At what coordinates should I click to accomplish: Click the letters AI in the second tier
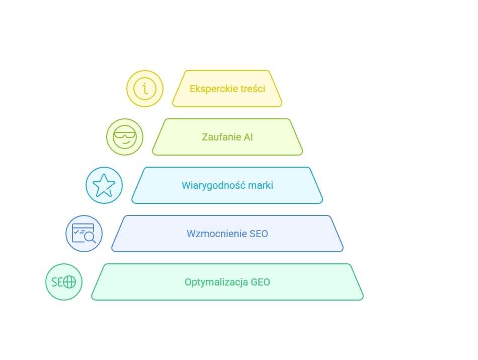pyautogui.click(x=248, y=137)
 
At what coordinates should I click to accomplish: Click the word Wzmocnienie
pyautogui.click(x=217, y=234)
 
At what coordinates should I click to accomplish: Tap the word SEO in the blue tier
pyautogui.click(x=259, y=234)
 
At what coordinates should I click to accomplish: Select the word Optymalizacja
pyautogui.click(x=216, y=282)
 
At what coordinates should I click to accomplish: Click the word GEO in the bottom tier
pyautogui.click(x=260, y=282)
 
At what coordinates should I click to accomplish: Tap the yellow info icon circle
pyautogui.click(x=145, y=89)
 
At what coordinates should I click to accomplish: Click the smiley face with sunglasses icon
pyautogui.click(x=125, y=137)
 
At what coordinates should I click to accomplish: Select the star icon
pyautogui.click(x=104, y=185)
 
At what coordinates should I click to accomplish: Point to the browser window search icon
pyautogui.click(x=84, y=234)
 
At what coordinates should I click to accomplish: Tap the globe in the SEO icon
pyautogui.click(x=69, y=282)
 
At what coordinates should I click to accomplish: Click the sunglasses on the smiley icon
pyautogui.click(x=125, y=134)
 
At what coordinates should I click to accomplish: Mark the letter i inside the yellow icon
pyautogui.click(x=145, y=89)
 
